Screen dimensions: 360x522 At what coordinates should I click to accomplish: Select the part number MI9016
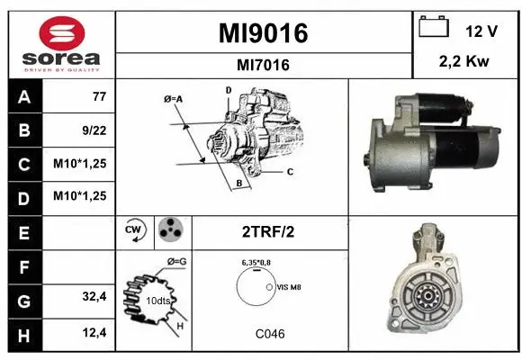264,33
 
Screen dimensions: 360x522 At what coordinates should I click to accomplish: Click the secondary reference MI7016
264,64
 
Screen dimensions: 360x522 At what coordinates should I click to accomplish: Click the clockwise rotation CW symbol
135,229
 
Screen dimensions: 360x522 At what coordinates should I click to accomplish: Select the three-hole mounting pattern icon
168,229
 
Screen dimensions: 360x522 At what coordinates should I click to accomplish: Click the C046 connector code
269,334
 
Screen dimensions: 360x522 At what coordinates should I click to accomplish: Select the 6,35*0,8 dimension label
256,262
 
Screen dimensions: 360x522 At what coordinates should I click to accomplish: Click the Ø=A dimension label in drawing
175,99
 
